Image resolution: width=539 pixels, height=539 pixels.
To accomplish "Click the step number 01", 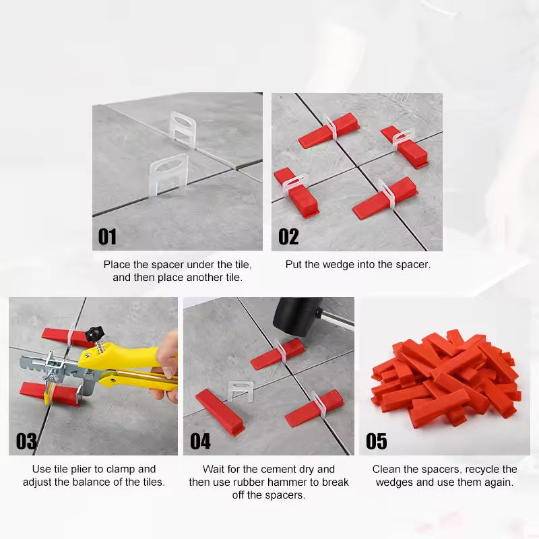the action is coord(107,236).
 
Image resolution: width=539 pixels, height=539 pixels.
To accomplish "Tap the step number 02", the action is coord(288,236).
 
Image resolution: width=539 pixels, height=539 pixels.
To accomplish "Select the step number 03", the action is coord(26,441).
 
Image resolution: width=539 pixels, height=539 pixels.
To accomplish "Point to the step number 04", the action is coord(200,441).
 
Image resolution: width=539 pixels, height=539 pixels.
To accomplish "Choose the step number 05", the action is coord(376,441).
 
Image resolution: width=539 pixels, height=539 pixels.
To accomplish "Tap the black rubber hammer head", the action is coord(297,317).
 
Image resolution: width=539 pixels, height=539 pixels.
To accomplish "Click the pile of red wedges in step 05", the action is coord(446,377).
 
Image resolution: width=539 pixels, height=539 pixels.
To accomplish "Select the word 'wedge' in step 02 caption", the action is coord(338,265).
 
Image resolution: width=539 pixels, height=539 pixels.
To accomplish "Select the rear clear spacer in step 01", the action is coord(182,129).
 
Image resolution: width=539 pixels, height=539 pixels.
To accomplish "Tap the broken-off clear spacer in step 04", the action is coord(241,391).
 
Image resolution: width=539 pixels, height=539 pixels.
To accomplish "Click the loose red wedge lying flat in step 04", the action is coord(220,412).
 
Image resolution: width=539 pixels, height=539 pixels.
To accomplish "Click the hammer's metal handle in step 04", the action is coord(335,319).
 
